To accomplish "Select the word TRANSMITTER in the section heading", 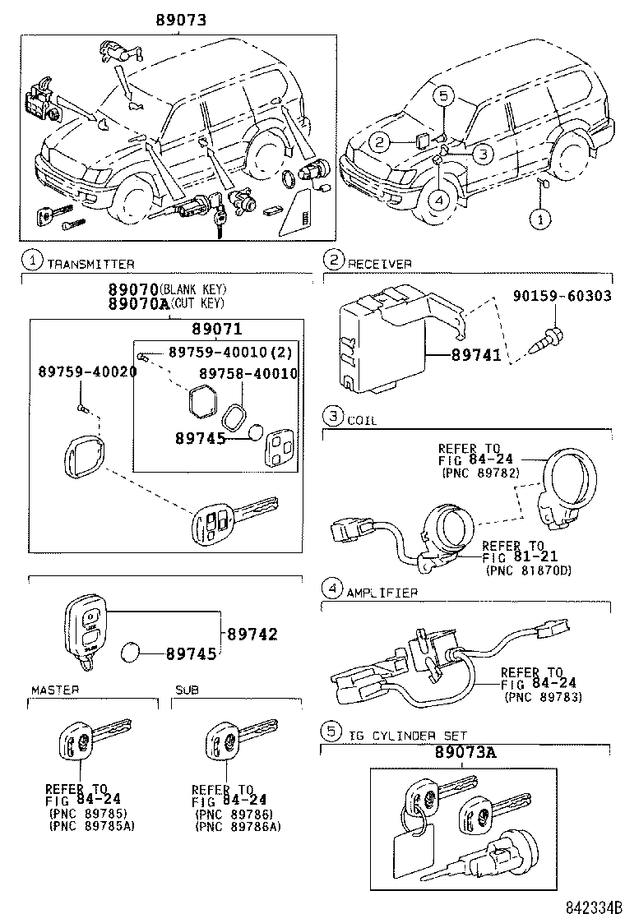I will [90, 264].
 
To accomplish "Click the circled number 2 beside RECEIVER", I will [331, 261].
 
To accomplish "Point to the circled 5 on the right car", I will [442, 96].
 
